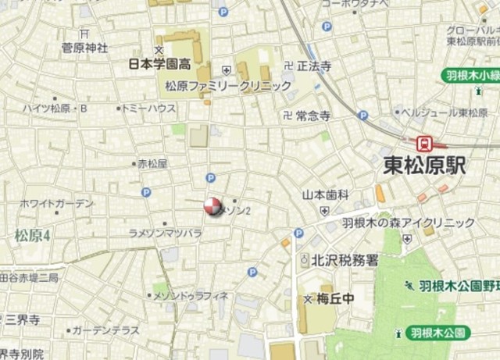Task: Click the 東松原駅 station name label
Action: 424,167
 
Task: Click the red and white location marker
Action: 212,206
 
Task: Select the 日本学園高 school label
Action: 160,65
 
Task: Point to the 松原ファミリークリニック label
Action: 228,85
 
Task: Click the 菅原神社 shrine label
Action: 84,48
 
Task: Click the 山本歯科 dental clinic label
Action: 326,194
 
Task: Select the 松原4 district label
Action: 32,234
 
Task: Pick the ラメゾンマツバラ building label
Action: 165,233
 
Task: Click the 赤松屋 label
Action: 152,164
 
